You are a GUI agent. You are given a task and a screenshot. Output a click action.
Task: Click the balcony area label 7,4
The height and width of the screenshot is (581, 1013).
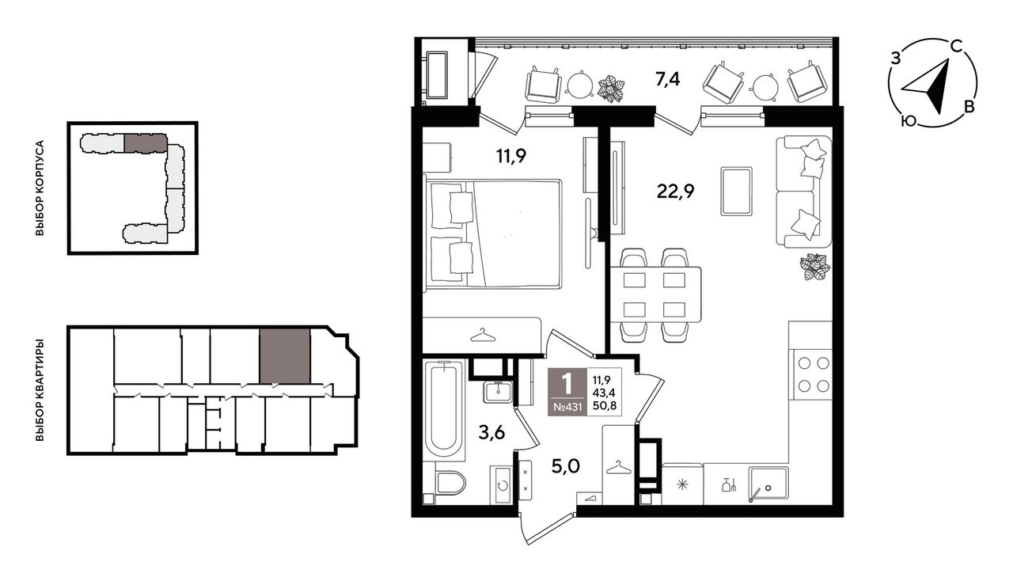667,80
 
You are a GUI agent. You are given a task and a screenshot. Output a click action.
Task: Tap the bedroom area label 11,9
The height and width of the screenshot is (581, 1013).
511,157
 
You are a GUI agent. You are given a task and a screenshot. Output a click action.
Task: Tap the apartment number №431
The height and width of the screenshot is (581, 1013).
567,406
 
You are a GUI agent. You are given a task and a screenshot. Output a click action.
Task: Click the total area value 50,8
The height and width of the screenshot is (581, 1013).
604,405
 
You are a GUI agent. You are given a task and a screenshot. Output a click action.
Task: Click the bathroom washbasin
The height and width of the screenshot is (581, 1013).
498,391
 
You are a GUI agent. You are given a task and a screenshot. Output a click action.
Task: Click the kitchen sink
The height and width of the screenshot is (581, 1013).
768,484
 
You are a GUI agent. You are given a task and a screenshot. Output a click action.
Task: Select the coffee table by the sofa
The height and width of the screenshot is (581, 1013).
736,191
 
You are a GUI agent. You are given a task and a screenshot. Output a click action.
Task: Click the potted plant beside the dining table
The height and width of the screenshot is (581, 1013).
815,267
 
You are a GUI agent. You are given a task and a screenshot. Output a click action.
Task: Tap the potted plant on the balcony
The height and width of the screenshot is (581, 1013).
611,89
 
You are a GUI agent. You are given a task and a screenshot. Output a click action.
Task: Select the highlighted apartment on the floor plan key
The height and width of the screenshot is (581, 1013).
285,356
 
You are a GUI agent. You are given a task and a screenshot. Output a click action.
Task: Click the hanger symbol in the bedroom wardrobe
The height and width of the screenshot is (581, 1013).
483,336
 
